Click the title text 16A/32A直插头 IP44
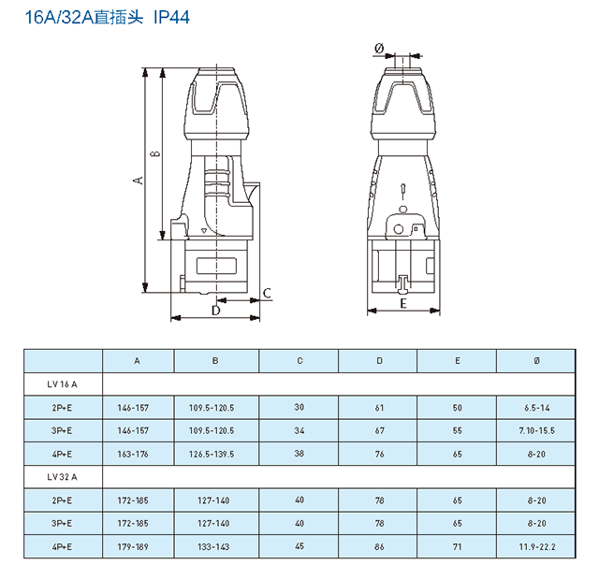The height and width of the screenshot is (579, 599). pos(108,17)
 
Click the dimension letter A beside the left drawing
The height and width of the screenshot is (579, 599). pos(139,181)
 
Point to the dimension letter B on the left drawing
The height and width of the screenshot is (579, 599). pos(155,153)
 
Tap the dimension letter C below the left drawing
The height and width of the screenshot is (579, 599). pos(267,293)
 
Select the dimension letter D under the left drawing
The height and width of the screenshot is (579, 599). pos(216,311)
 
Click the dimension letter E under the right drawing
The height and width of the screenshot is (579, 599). pos(403,303)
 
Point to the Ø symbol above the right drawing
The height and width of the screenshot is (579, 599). pos(379,48)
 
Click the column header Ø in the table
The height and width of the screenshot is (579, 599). pos(536,361)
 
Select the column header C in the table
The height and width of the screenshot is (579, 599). pos(299,361)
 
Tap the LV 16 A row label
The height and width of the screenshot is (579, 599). pos(63,384)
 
